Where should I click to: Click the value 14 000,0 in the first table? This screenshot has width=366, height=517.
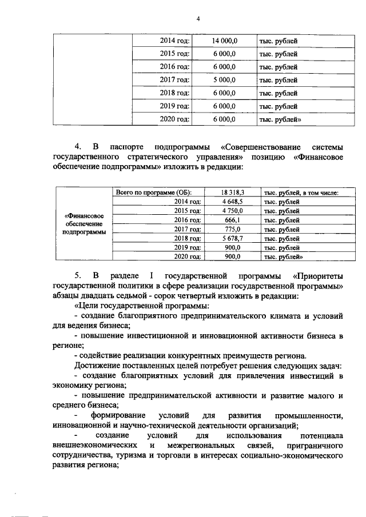click(224, 41)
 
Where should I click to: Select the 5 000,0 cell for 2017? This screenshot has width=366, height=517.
click(224, 80)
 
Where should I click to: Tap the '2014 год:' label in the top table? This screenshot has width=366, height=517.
click(174, 41)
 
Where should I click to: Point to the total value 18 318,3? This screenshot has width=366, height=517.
click(233, 193)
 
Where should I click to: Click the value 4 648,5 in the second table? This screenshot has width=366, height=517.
click(233, 202)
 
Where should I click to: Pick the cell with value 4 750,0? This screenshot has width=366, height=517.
click(233, 211)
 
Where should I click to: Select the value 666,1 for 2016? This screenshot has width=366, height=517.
click(233, 220)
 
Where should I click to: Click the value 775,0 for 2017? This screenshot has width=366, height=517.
click(233, 229)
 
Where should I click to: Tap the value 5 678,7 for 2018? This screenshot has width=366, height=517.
click(233, 238)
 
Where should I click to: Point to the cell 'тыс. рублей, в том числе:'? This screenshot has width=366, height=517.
click(301, 193)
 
